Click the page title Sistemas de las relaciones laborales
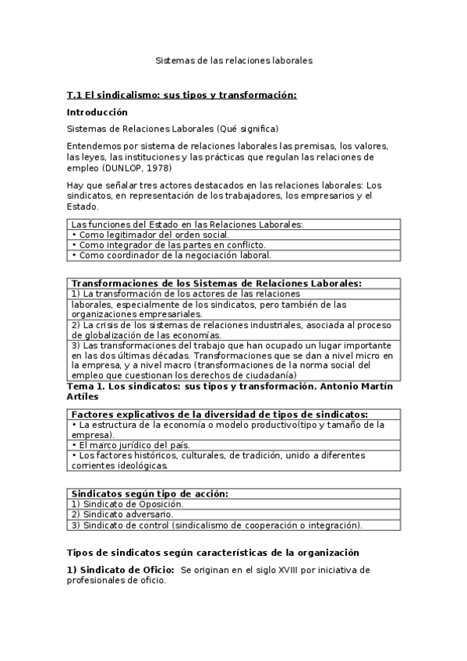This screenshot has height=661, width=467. pyautogui.click(x=233, y=59)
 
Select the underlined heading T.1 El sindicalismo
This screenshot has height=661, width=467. pyautogui.click(x=182, y=95)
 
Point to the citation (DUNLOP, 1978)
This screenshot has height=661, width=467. pyautogui.click(x=136, y=167)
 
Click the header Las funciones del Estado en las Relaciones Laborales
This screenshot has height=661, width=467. pyautogui.click(x=186, y=224)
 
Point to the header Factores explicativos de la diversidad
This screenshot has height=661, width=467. pyautogui.click(x=219, y=415)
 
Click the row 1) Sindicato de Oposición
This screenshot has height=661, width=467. pyautogui.click(x=127, y=504)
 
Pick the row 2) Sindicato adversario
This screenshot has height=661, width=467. pyautogui.click(x=121, y=514)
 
